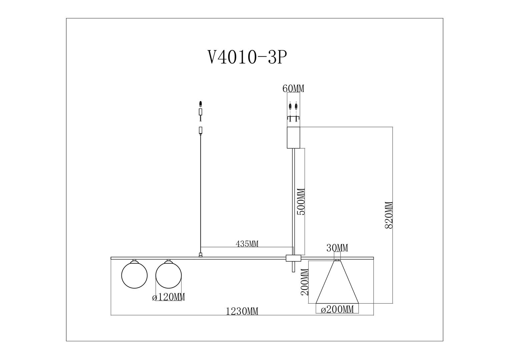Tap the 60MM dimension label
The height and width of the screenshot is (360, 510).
[x=293, y=89]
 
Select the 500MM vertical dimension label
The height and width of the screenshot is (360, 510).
[x=301, y=202]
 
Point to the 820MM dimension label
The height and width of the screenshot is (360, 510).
[x=389, y=215]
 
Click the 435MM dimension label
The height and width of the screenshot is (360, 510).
[x=247, y=244]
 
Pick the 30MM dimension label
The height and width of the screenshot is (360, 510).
[x=337, y=248]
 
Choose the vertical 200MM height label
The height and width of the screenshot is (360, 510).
[x=305, y=282]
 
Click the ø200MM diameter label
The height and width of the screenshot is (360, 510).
[x=337, y=309]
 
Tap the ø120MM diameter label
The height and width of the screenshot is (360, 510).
[x=168, y=297]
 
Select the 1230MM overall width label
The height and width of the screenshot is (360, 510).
[x=242, y=311]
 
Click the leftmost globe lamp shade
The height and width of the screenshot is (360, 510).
[x=134, y=275]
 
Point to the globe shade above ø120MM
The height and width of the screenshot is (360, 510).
[x=168, y=275]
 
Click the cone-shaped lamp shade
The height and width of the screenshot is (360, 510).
[x=337, y=282]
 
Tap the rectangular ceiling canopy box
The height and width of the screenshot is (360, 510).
[x=294, y=137]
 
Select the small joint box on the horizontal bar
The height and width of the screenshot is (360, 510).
[x=294, y=258]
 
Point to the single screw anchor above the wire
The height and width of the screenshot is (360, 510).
[x=200, y=104]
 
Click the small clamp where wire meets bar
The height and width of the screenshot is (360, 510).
[x=200, y=255]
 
